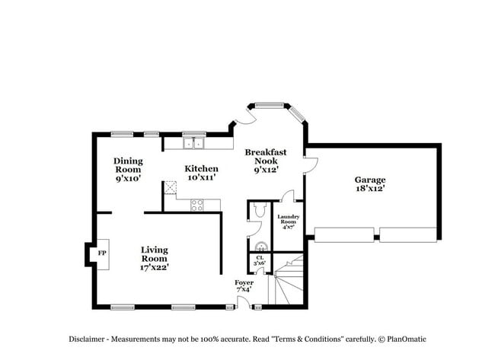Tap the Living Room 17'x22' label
[155, 258]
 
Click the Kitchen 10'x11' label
[202, 173]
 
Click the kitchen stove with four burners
[196, 204]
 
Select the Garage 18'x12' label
[369, 184]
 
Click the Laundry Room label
[288, 221]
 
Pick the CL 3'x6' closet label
[260, 260]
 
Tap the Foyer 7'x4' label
[244, 285]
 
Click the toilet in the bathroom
[258, 212]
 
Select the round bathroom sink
[260, 246]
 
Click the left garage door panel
[343, 234]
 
